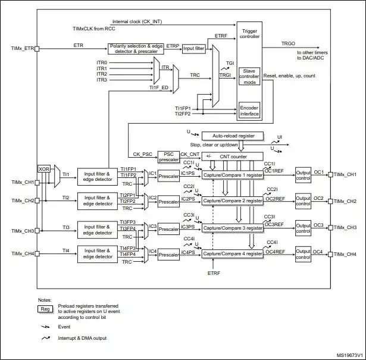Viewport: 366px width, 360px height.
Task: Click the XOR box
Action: (44, 168)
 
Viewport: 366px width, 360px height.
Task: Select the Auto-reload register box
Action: (233, 136)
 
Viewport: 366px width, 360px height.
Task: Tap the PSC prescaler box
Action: (168, 157)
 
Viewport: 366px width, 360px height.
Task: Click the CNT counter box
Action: (233, 156)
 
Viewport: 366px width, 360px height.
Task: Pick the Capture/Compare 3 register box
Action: (233, 228)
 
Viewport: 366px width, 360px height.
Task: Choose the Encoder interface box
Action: (249, 111)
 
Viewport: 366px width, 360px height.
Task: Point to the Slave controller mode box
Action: (249, 76)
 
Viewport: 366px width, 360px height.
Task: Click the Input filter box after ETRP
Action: (194, 49)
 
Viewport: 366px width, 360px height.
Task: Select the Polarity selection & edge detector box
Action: (136, 49)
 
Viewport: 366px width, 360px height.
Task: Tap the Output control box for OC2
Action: (303, 201)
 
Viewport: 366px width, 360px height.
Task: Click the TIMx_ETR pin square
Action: (37, 49)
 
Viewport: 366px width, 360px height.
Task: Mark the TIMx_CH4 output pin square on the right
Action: (330, 254)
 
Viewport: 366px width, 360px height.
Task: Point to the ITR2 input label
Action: (102, 74)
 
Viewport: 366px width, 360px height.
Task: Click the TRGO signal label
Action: (288, 43)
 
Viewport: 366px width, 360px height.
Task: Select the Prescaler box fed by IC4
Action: (168, 255)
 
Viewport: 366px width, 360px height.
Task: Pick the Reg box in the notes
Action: (45, 309)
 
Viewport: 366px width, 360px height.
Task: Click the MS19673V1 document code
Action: (350, 355)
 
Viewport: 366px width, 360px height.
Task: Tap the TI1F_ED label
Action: (159, 87)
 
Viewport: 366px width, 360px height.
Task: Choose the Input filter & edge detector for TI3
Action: (98, 230)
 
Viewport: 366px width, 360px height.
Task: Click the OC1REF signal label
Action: (274, 171)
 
